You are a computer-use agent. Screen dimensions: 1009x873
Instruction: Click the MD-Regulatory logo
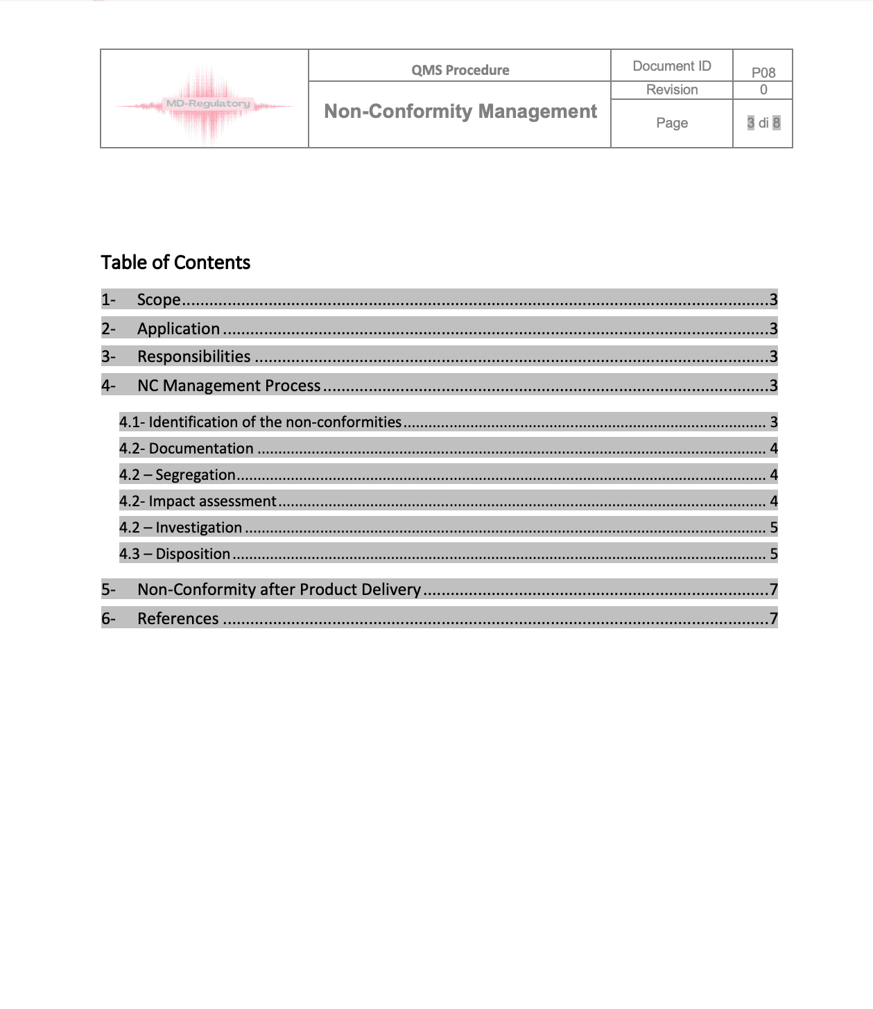pos(205,105)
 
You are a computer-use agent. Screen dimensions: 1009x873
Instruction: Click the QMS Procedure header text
pos(460,70)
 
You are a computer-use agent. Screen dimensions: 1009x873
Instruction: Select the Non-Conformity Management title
pos(460,112)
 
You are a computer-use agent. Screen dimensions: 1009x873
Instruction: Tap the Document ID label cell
pos(671,66)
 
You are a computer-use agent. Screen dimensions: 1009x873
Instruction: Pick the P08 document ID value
pos(763,72)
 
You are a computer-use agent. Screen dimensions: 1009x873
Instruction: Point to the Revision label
pos(671,89)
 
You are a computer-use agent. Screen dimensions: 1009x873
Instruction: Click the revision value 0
pos(763,89)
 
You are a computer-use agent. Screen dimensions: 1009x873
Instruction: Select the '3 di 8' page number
pos(763,123)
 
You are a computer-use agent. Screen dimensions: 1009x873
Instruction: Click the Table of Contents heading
pos(175,262)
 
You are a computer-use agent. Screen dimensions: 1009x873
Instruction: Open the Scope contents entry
pos(159,300)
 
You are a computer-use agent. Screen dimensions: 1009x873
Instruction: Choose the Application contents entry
pos(178,329)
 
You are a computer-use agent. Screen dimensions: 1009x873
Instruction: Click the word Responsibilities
pos(194,356)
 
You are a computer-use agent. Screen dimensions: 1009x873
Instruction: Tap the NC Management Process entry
pos(229,386)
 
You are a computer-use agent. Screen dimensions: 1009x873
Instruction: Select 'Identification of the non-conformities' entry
pos(275,422)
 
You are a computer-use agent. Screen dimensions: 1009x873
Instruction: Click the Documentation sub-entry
pos(200,449)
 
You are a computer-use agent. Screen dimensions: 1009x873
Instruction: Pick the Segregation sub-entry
pos(195,475)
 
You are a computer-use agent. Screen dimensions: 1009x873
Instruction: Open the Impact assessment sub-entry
pos(212,501)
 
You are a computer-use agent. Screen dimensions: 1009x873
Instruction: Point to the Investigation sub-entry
pos(198,528)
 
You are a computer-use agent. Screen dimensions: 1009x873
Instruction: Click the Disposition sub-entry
pos(192,554)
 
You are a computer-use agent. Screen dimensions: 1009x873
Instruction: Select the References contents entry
pos(178,619)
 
